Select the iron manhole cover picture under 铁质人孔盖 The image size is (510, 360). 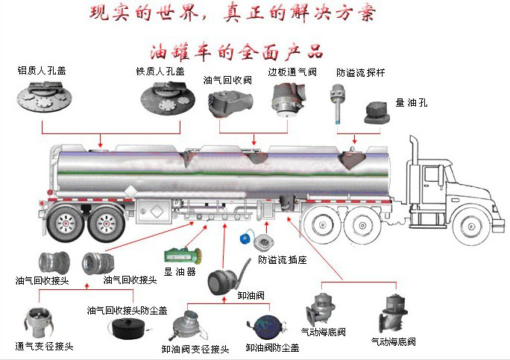point(169,100)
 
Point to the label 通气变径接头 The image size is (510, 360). point(44,347)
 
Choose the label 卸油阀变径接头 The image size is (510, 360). point(195,348)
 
